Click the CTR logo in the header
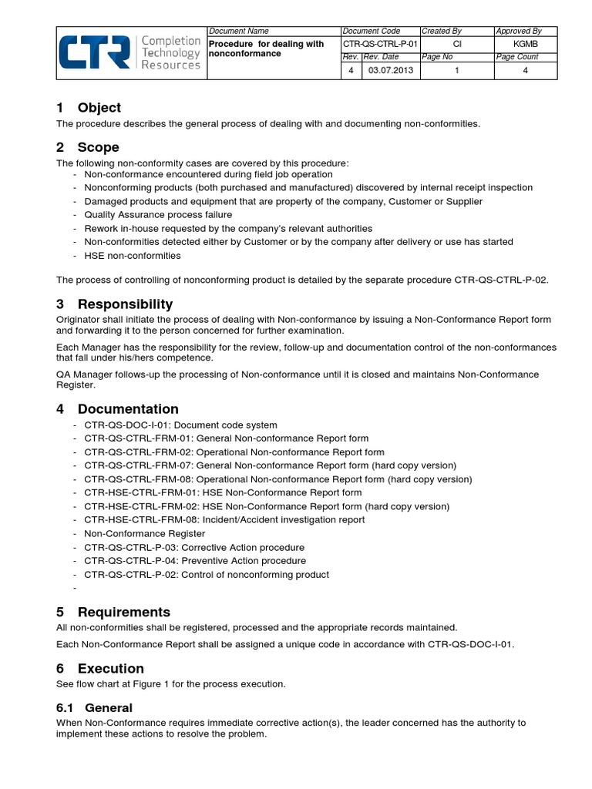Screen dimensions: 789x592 [x=129, y=52]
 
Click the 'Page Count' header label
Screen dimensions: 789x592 [x=516, y=57]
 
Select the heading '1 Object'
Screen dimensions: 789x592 [x=89, y=108]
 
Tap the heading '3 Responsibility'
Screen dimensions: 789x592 [x=114, y=304]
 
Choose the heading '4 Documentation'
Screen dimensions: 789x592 [x=117, y=409]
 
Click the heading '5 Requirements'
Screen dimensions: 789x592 [x=113, y=612]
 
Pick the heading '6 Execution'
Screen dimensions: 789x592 [x=100, y=668]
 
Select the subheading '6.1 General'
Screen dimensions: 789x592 [x=95, y=707]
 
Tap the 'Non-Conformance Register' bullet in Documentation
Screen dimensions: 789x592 [x=144, y=533]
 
